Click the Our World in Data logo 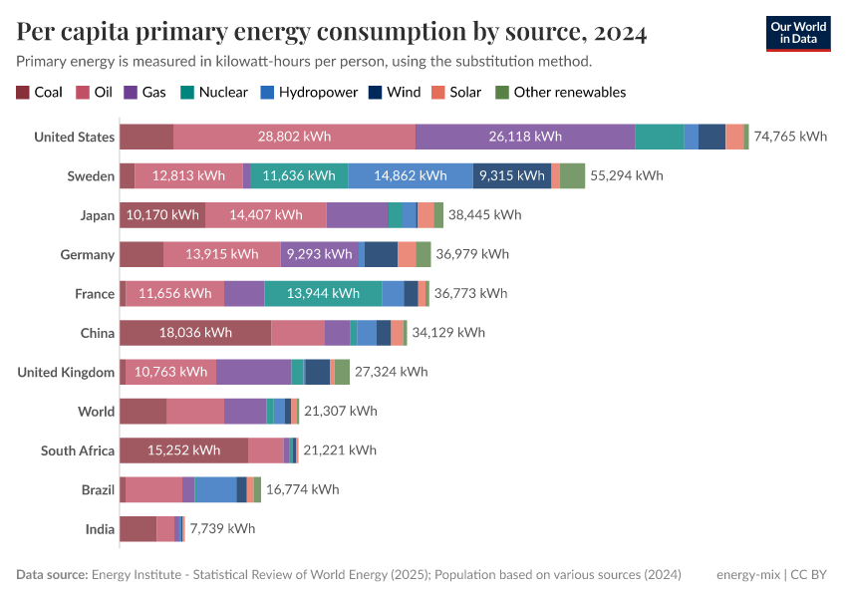[x=798, y=33]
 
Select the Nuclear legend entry [x=214, y=92]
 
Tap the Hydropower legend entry [x=308, y=92]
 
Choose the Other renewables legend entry [x=561, y=92]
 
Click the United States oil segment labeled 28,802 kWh [x=294, y=137]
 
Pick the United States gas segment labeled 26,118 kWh [x=525, y=137]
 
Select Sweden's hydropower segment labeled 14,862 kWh [x=411, y=175]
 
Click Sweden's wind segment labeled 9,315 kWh [x=511, y=175]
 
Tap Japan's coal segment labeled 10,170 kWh [x=162, y=214]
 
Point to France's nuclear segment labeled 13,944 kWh [x=323, y=293]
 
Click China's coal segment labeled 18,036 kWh [x=195, y=333]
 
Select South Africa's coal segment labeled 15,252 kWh [x=183, y=450]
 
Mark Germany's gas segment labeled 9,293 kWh [x=319, y=254]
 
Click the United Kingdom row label [x=66, y=372]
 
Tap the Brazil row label [x=98, y=489]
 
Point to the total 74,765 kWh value [x=790, y=137]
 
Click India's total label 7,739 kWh [x=222, y=529]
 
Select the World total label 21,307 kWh [x=341, y=411]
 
